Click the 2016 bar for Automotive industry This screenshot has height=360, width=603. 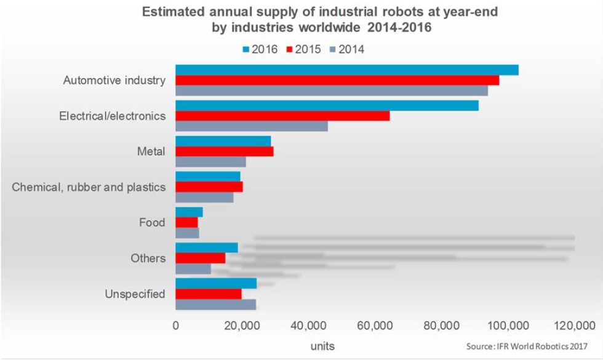(x=346, y=70)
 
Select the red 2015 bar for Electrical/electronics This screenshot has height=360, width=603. (x=282, y=116)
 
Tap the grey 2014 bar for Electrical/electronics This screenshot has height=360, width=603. (x=251, y=126)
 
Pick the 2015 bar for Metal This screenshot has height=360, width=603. (x=224, y=151)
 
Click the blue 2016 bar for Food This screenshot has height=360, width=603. (x=189, y=212)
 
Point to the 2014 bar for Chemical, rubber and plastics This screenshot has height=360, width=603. (x=204, y=198)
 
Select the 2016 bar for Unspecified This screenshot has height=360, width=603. (x=215, y=283)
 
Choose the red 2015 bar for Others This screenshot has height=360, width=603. (x=200, y=258)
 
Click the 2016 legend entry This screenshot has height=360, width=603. (x=258, y=50)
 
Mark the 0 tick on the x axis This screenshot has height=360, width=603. (x=176, y=326)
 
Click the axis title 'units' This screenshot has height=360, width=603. (x=322, y=346)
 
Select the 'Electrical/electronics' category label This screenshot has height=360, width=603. (x=112, y=116)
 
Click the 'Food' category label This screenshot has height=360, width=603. (x=152, y=222)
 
